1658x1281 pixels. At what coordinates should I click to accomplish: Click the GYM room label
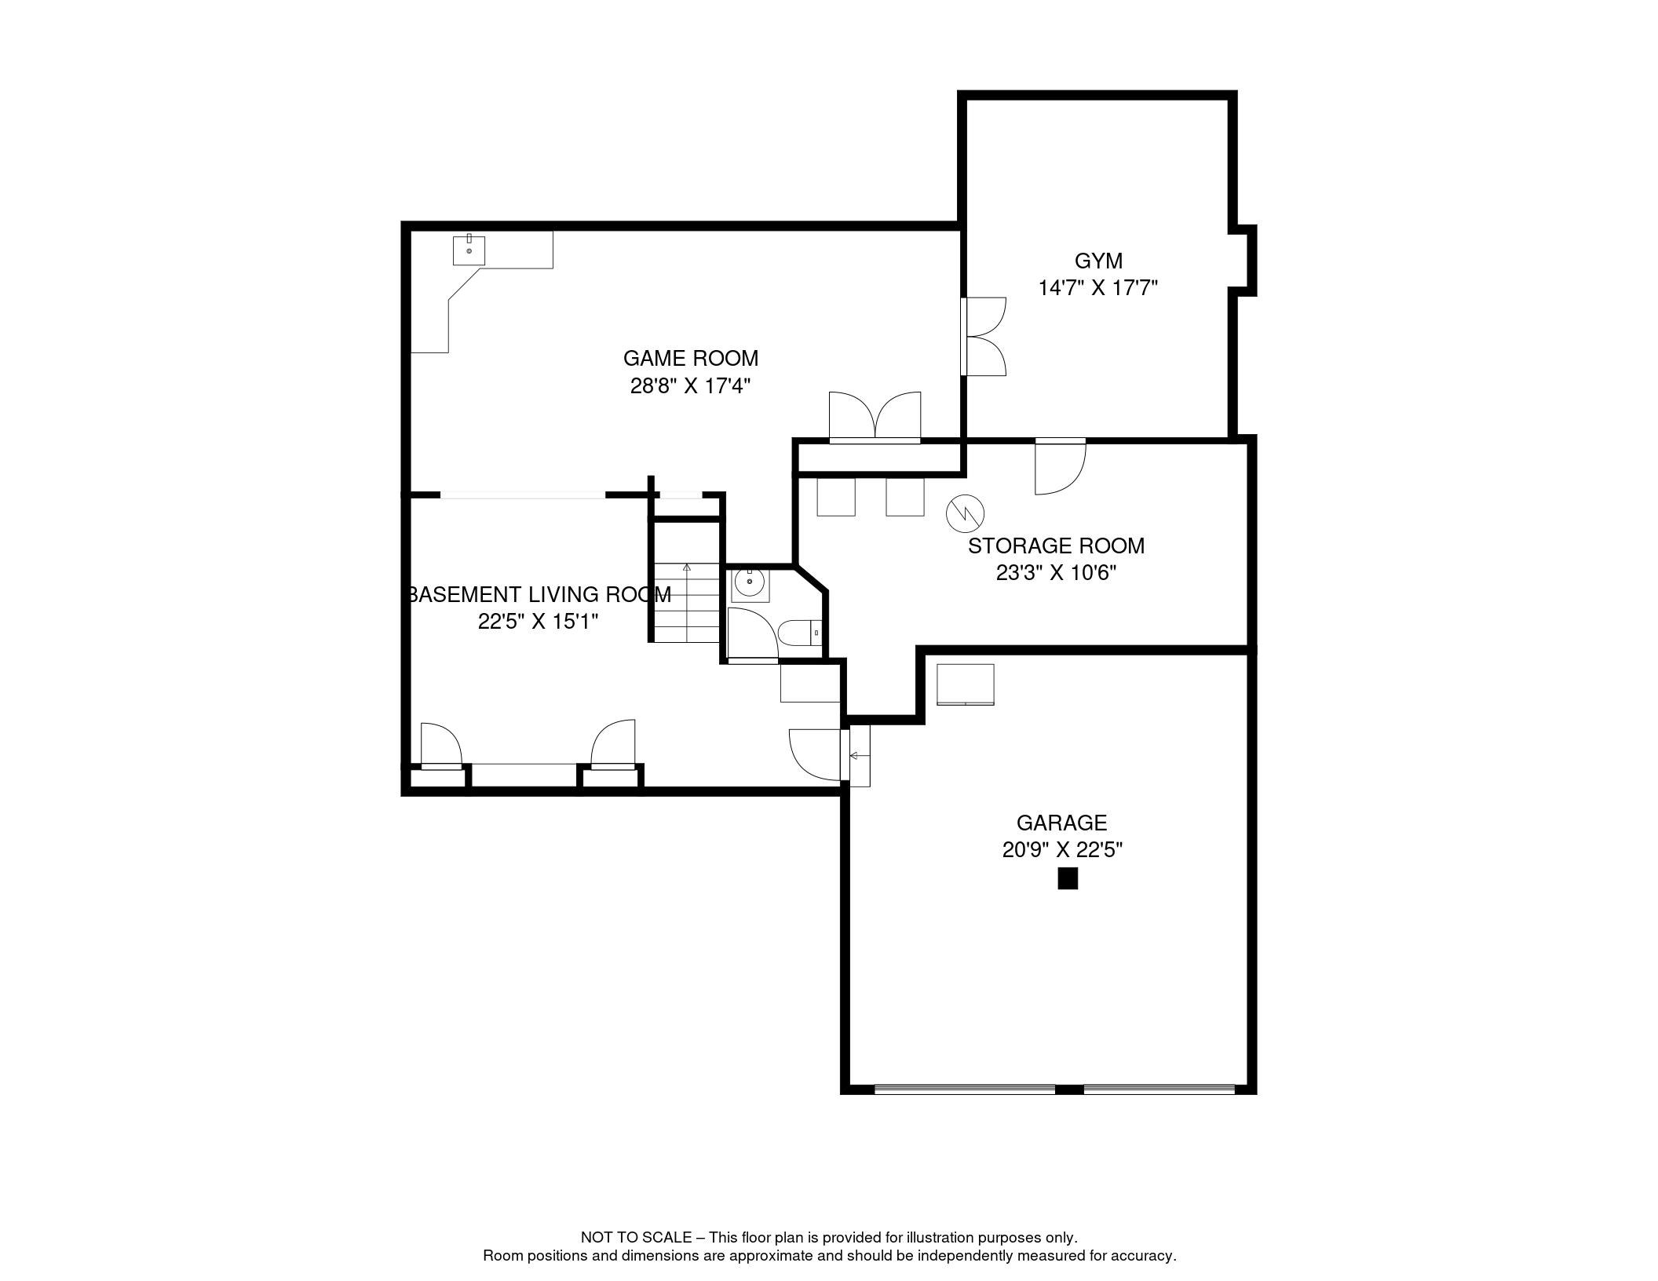1098,261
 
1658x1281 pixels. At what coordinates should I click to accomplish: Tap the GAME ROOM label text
691,359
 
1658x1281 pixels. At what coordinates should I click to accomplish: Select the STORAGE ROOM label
1056,546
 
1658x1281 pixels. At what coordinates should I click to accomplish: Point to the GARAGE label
1061,823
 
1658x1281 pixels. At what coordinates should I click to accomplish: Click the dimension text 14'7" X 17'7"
1098,289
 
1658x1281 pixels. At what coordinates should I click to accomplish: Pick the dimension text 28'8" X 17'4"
691,386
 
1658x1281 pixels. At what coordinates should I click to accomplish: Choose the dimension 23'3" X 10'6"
1056,573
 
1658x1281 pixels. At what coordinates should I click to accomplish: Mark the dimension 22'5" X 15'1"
538,622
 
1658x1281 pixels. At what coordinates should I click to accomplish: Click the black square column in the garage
1068,878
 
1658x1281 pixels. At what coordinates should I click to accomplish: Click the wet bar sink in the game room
469,250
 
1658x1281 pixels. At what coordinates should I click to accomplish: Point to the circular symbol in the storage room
965,513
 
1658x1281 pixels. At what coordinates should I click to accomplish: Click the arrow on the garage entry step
859,756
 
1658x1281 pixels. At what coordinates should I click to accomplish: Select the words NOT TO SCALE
636,1237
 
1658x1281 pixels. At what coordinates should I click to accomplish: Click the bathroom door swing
753,633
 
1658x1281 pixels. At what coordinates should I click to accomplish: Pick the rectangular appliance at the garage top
966,684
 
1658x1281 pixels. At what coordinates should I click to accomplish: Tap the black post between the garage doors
1069,1089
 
